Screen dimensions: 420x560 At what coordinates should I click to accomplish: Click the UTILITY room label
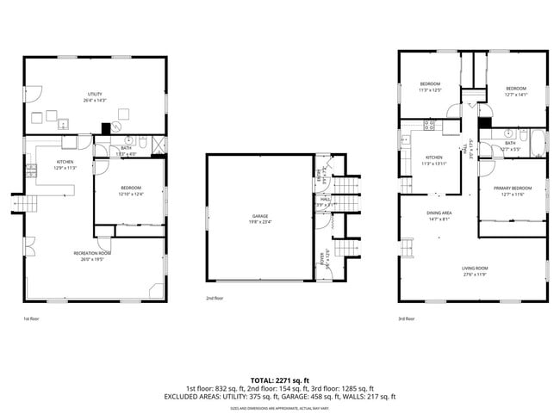click(x=95, y=94)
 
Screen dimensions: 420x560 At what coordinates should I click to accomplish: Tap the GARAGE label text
click(x=258, y=217)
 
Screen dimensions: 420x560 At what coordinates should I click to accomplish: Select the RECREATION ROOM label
click(x=94, y=252)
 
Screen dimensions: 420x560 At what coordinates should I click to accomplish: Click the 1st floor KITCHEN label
click(x=65, y=162)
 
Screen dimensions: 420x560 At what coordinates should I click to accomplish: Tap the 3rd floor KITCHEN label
click(x=433, y=157)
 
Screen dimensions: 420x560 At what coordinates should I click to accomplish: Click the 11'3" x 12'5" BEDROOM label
click(x=429, y=84)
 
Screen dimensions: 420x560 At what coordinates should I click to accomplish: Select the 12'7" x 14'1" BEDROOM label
click(x=515, y=89)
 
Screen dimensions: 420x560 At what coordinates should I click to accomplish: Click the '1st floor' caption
click(x=31, y=318)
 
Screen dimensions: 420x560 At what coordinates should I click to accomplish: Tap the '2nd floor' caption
click(x=215, y=299)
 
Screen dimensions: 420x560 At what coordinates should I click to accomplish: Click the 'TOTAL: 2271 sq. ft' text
click(x=279, y=379)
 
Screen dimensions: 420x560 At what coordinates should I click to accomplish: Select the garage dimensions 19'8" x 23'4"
click(x=258, y=223)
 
